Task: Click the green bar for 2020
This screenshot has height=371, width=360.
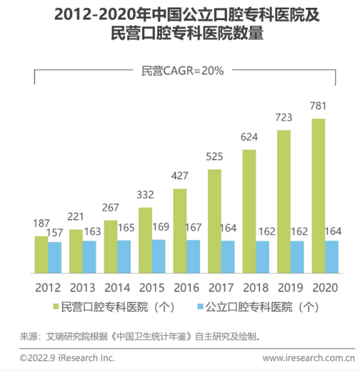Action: (x=318, y=196)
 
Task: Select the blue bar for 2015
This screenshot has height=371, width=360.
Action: (x=158, y=256)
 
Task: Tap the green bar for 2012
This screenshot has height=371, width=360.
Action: (x=41, y=254)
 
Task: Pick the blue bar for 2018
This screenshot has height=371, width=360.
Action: (x=262, y=257)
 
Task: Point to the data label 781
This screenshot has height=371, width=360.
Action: (x=318, y=106)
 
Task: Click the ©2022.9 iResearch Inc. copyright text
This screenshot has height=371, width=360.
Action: (x=67, y=358)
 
